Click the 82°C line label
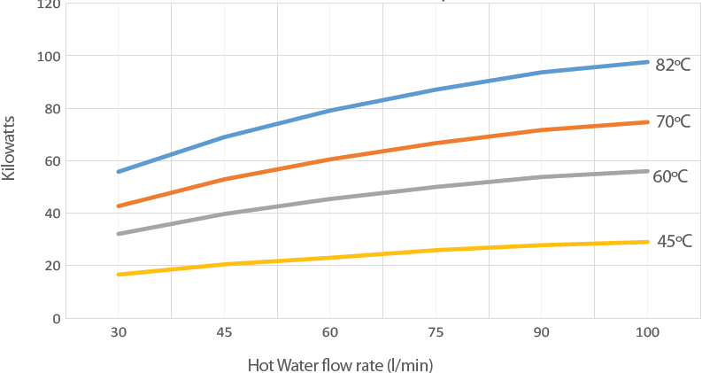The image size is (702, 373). pos(673,65)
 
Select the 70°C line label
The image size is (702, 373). pos(673,121)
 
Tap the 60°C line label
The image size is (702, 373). pos(670,176)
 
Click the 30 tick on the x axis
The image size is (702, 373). pos(118,332)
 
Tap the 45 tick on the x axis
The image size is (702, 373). pos(224,332)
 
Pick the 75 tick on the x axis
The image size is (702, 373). pos(436,332)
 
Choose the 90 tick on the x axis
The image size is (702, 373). pos(542,332)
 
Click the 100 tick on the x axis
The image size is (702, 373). pos(647,332)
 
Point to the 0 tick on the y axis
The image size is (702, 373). pos(57,318)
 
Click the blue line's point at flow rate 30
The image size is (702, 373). pos(118,172)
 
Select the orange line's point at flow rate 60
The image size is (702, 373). pos(329,159)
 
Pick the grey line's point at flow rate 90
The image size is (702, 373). pos(542,177)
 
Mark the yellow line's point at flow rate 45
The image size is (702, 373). pos(224,264)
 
